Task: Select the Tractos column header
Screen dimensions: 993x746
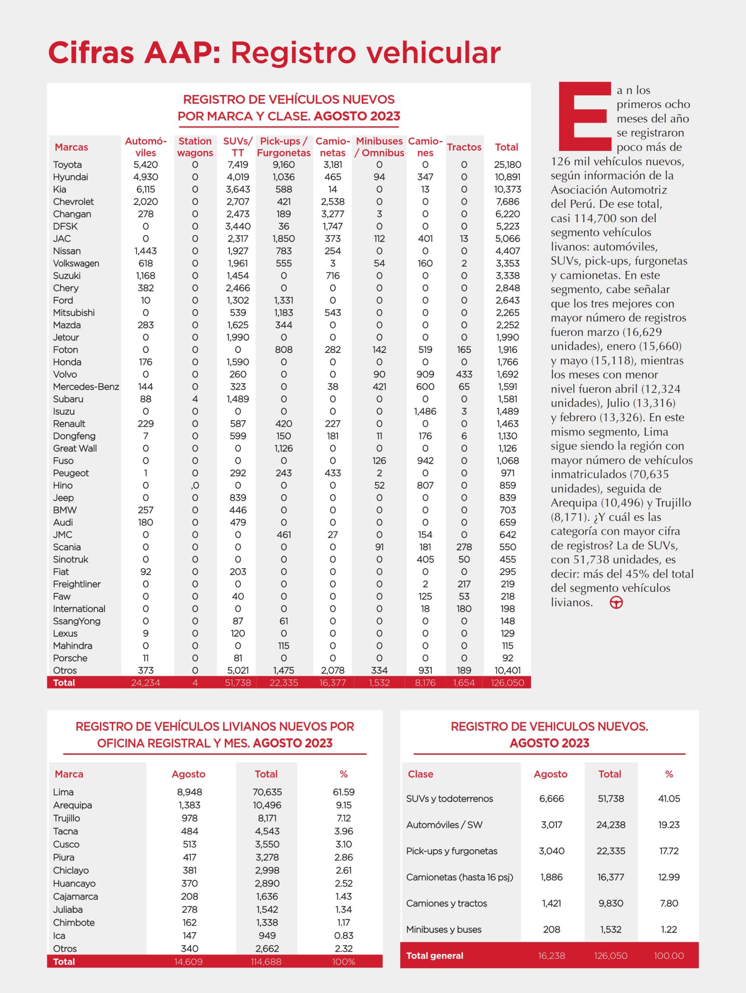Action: (x=464, y=147)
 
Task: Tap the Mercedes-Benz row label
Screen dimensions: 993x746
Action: (x=86, y=386)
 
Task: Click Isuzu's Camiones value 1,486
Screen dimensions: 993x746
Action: (x=425, y=411)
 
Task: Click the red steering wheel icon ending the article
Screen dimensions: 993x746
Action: (x=616, y=603)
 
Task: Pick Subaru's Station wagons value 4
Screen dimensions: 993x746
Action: (x=195, y=399)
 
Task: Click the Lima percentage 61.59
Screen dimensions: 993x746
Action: (x=343, y=792)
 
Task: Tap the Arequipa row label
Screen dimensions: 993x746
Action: (x=72, y=805)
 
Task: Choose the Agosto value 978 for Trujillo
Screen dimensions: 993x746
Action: (x=189, y=818)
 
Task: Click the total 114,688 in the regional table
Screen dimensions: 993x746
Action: (x=267, y=962)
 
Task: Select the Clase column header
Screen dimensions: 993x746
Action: (x=420, y=774)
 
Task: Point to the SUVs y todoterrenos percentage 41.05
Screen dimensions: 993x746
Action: (x=668, y=799)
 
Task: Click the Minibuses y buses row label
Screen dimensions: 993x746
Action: (x=443, y=929)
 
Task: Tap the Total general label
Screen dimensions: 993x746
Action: (x=434, y=956)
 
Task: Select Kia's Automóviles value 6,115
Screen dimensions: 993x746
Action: (x=145, y=189)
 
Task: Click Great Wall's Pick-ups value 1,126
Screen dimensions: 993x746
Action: (x=283, y=448)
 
